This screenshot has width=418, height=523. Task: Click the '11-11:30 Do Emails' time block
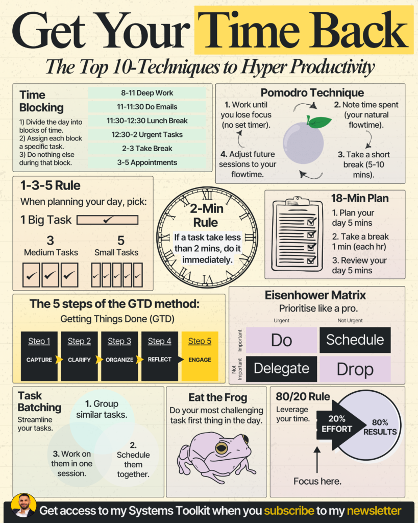[x=147, y=107]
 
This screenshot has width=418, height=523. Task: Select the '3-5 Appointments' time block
[x=147, y=162]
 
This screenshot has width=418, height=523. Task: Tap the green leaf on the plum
[x=319, y=122]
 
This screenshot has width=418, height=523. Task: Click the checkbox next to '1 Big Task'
[x=107, y=220]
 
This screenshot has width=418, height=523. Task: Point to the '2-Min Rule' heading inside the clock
[x=206, y=216]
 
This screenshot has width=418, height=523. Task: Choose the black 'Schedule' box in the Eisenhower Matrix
[x=355, y=340]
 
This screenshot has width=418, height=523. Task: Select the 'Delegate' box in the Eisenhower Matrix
[x=281, y=369]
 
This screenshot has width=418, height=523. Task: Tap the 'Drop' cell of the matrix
[x=355, y=369]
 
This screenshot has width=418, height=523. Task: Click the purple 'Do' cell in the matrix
[x=281, y=340]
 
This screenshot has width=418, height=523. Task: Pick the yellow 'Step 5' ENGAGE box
[x=200, y=356]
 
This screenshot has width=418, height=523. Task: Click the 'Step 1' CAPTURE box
[x=39, y=356]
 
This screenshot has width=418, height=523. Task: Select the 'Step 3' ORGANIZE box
[x=119, y=356]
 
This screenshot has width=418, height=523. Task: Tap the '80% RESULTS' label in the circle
[x=380, y=427]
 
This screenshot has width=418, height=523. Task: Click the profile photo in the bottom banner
[x=23, y=506]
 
